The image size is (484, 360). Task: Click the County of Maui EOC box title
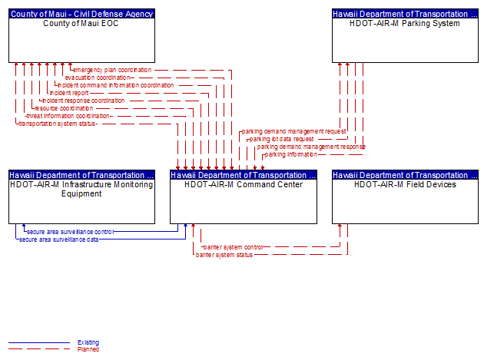(81, 24)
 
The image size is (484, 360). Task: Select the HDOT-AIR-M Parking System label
(405, 24)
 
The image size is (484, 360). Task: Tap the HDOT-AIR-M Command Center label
(244, 184)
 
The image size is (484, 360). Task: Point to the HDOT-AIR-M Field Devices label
(405, 184)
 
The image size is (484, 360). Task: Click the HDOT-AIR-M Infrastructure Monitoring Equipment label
(81, 189)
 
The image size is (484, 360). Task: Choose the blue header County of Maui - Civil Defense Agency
(81, 14)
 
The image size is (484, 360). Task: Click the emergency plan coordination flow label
(112, 70)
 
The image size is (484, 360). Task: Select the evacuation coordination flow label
(98, 78)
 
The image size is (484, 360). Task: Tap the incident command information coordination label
(116, 85)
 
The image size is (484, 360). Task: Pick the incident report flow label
(69, 93)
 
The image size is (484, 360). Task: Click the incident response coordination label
(83, 101)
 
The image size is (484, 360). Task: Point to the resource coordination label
(64, 108)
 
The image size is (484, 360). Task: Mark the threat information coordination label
(68, 117)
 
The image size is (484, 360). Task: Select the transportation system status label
(57, 124)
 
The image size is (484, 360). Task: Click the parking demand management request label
(293, 132)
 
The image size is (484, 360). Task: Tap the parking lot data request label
(281, 140)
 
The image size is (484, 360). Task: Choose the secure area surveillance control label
(71, 232)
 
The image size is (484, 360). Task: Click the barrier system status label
(224, 255)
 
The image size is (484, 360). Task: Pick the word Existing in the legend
(88, 342)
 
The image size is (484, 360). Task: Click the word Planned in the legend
(88, 349)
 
